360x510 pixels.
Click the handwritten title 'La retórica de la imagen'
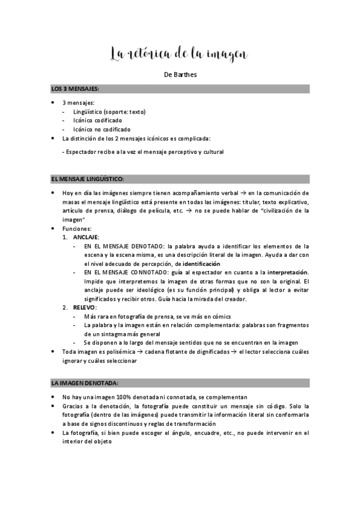tap(179, 55)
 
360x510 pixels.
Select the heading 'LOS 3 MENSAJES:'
tap(75, 89)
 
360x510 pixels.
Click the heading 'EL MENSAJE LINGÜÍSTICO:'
tap(88, 179)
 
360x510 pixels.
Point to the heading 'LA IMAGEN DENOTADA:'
tap(85, 382)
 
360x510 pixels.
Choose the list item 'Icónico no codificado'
tap(100, 129)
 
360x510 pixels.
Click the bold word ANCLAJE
tap(86, 237)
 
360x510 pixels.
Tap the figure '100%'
tap(118, 398)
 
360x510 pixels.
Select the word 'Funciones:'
tap(76, 229)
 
